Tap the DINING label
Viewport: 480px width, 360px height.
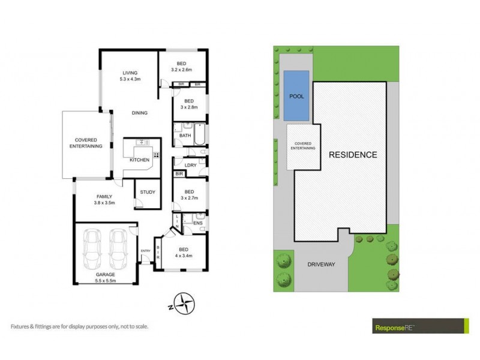[x=139, y=112]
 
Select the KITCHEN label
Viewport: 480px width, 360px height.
[x=139, y=160]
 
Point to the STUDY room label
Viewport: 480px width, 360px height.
[x=147, y=192]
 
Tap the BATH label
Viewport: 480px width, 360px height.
[x=185, y=136]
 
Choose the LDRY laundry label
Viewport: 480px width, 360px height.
[x=191, y=165]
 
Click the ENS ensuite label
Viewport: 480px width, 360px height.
[x=198, y=223]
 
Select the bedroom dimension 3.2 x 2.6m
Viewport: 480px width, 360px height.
[x=181, y=70]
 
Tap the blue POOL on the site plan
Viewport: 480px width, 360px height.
[x=296, y=95]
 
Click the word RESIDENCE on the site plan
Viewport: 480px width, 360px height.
[x=353, y=155]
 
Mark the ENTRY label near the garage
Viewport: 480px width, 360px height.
[x=145, y=251]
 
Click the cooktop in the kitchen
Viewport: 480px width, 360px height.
[x=156, y=155]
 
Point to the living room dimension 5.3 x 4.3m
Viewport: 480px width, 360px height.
[x=127, y=79]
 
